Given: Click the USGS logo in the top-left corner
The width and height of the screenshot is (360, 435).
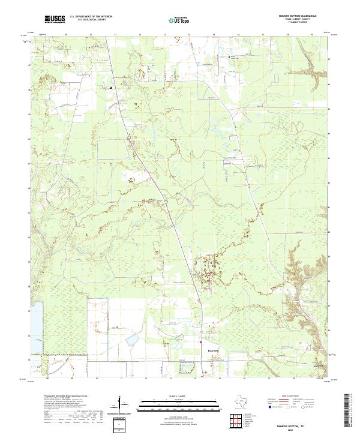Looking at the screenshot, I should click(x=55, y=20).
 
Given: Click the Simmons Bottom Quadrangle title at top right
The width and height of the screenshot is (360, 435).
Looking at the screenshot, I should click(x=293, y=16).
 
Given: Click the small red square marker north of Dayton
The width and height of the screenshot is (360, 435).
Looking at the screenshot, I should click(x=200, y=343).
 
